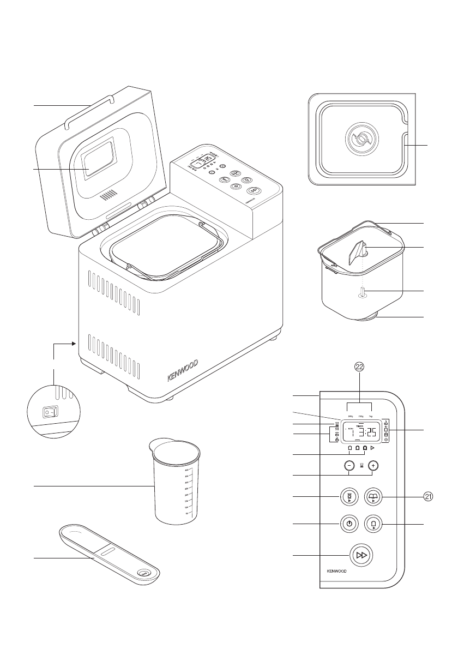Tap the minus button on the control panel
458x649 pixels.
tap(349, 466)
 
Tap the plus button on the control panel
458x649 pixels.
tap(373, 466)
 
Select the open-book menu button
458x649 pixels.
tap(373, 496)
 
